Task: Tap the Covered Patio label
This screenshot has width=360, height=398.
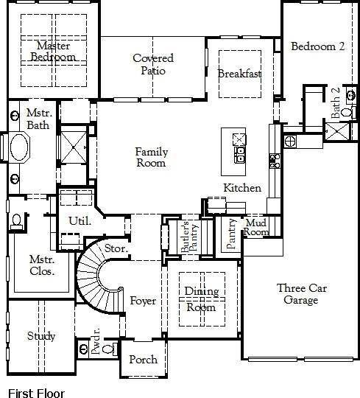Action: (x=153, y=64)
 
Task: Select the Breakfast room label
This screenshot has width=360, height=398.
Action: (x=239, y=74)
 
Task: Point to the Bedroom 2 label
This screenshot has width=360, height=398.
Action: (x=317, y=46)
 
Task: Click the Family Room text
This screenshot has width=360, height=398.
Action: (x=151, y=157)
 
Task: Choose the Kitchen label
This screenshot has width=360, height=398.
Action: (x=242, y=188)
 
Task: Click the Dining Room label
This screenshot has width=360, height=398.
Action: (x=200, y=298)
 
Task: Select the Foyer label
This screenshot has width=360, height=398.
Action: (x=143, y=301)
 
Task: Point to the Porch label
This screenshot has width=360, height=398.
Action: (x=143, y=360)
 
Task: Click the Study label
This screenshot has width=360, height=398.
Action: (x=41, y=336)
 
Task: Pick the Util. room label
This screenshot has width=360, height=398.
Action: (x=80, y=220)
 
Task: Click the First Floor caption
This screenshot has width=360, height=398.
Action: (x=36, y=394)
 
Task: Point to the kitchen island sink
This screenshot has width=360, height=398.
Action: (x=239, y=154)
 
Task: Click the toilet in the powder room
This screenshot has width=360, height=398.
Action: (x=107, y=348)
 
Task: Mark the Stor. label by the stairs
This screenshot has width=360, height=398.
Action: (x=116, y=249)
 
